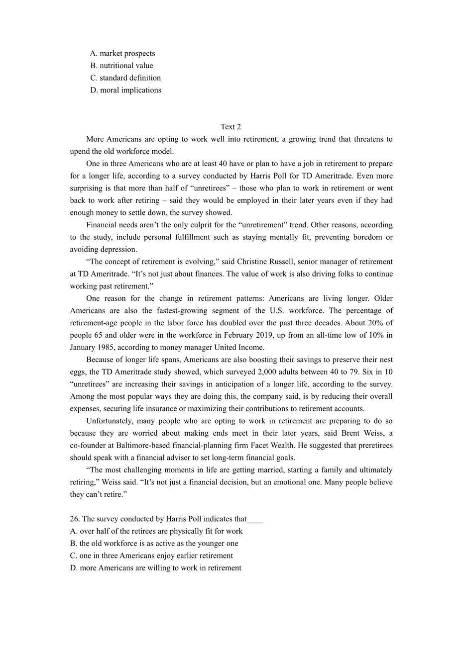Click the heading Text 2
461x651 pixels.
[x=230, y=127]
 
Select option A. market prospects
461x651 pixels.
[x=122, y=53]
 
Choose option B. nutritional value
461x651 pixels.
[x=121, y=66]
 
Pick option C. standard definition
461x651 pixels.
[x=125, y=78]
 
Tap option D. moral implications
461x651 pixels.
[x=125, y=90]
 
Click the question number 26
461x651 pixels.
[x=75, y=519]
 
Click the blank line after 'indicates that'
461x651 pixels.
[x=254, y=520]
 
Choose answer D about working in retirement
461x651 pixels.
[x=155, y=568]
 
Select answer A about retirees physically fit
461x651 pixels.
[x=156, y=531]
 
